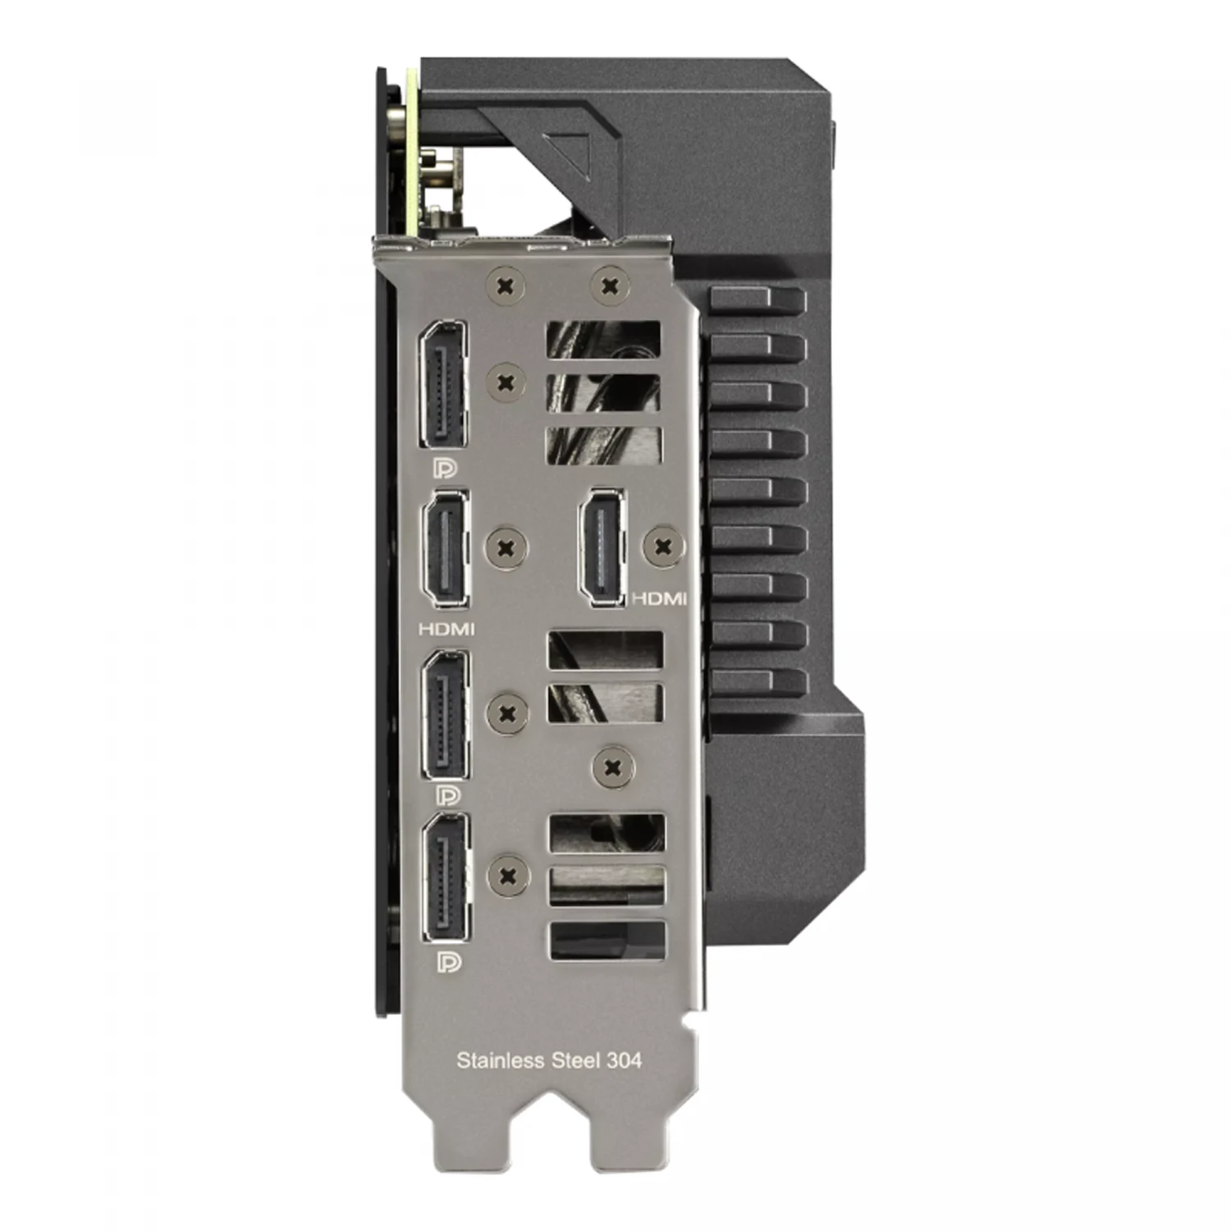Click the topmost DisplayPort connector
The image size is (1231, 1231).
[443, 384]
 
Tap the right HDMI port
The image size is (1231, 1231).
[602, 548]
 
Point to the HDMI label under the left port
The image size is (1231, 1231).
[446, 629]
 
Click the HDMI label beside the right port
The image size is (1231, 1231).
[659, 599]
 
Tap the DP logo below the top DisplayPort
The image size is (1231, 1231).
[446, 468]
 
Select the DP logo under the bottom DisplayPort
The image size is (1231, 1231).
[450, 962]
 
